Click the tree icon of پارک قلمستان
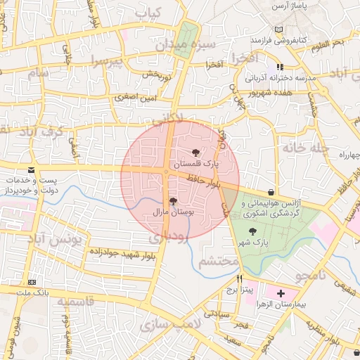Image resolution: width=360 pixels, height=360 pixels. pyautogui.click(x=195, y=153)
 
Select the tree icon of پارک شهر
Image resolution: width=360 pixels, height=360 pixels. pyautogui.click(x=252, y=231)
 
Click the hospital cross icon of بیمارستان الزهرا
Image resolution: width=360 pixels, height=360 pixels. pyautogui.click(x=281, y=292)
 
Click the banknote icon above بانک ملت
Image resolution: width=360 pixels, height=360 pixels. pyautogui.click(x=31, y=281)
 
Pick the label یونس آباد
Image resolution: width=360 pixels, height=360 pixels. pyautogui.click(x=56, y=240)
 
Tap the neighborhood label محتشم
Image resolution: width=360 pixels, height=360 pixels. pyautogui.click(x=221, y=262)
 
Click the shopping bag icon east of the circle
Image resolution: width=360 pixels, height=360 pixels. pyautogui.click(x=271, y=192)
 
